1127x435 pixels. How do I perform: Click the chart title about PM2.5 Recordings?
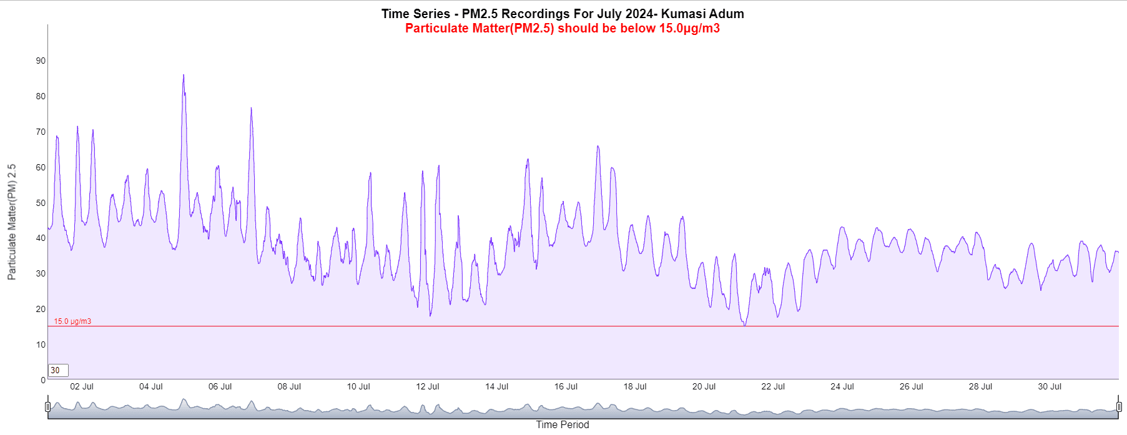click(x=563, y=14)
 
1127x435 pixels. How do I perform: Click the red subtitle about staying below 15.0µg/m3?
click(x=563, y=28)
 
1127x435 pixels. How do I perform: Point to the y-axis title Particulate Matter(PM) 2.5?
click(x=12, y=222)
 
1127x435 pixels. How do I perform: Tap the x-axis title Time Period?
click(x=562, y=424)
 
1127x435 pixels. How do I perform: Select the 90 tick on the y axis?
click(x=41, y=61)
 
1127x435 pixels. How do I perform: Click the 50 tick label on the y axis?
click(x=41, y=203)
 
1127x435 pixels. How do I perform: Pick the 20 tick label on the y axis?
click(x=41, y=309)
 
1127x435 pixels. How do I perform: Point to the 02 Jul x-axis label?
click(x=82, y=386)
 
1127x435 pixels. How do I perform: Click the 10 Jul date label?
click(x=358, y=386)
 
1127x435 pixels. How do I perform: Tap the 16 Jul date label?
click(x=566, y=386)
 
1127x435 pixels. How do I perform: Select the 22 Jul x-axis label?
click(x=773, y=386)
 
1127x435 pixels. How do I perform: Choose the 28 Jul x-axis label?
click(x=980, y=386)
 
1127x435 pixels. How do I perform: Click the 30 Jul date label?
click(x=1050, y=386)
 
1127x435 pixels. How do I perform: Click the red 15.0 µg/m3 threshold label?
click(x=72, y=321)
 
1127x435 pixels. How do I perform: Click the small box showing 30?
click(x=58, y=370)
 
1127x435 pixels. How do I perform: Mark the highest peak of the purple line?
click(x=183, y=76)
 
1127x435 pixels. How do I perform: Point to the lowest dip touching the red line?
click(x=744, y=325)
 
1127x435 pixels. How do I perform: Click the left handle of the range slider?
click(x=48, y=407)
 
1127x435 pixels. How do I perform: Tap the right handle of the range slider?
click(x=1119, y=407)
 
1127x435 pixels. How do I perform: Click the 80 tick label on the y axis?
click(x=41, y=96)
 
